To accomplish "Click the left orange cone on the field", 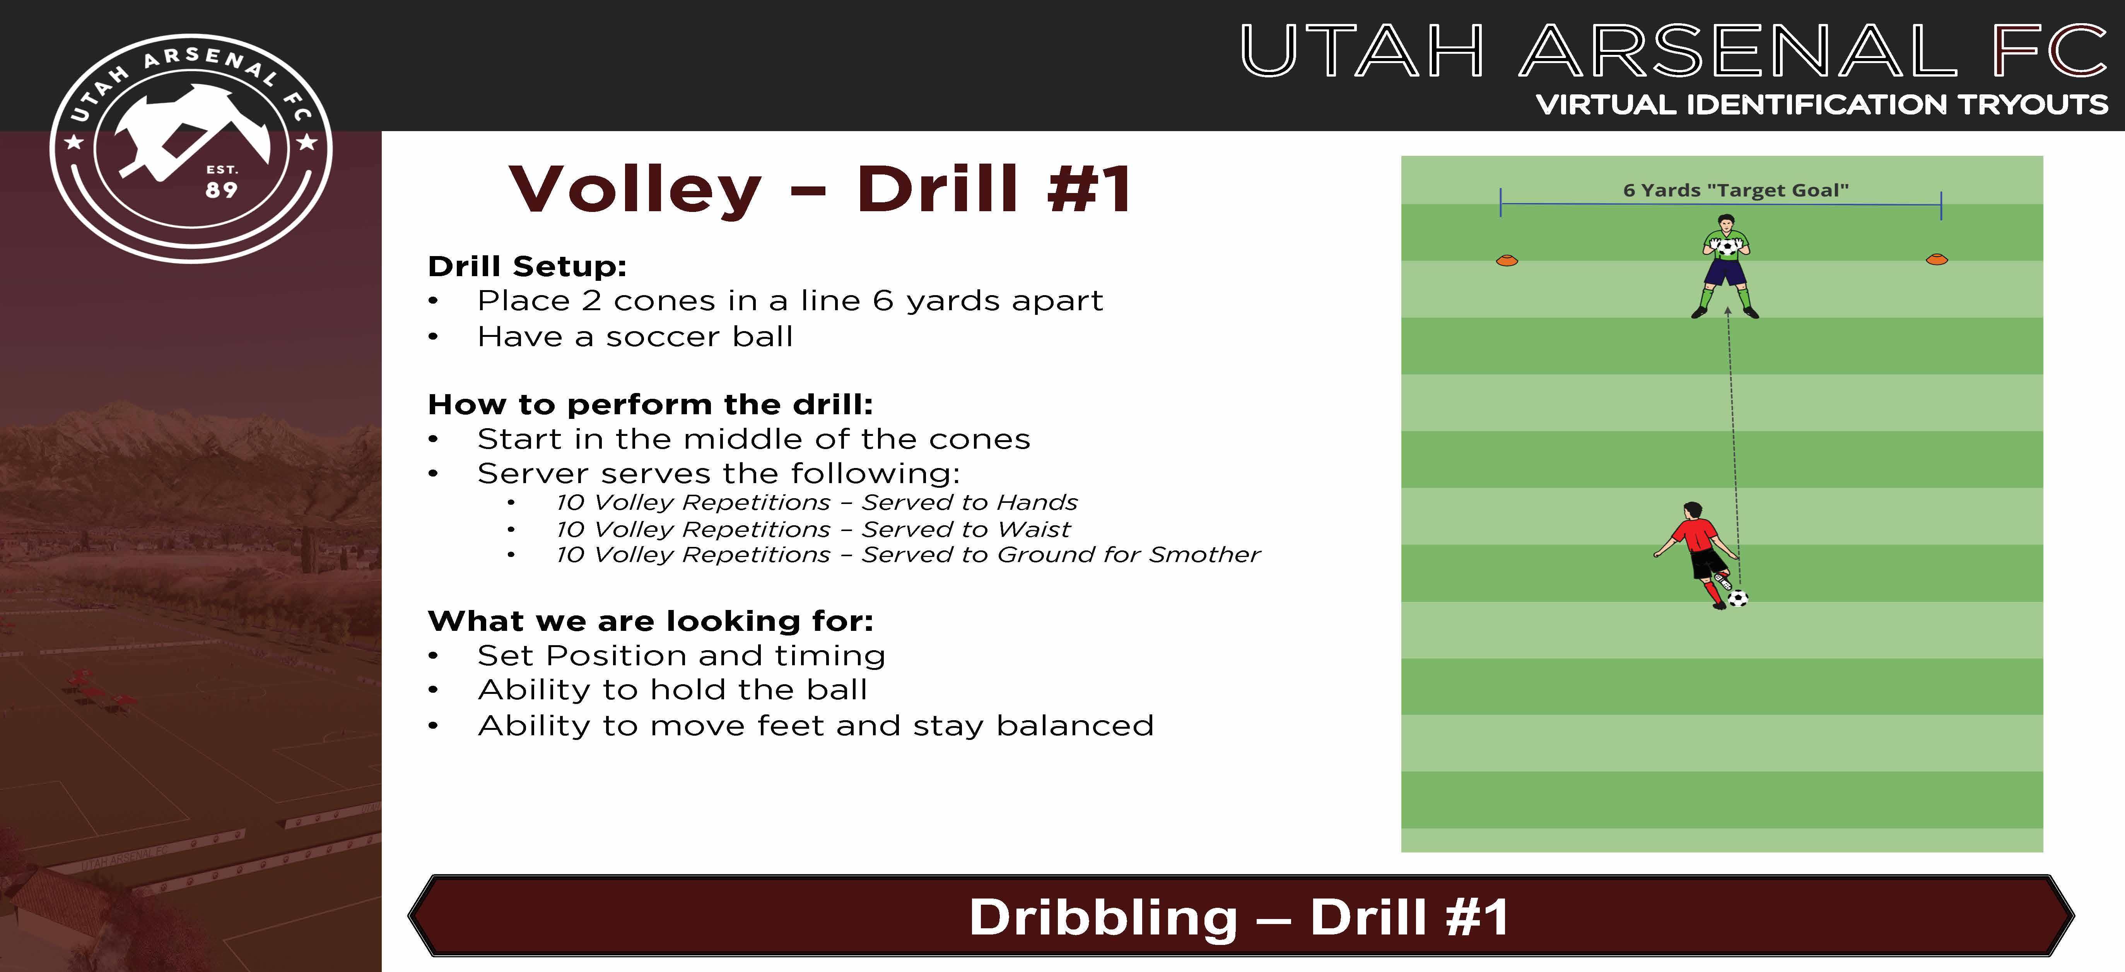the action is click(x=1507, y=261).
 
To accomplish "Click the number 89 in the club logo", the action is click(x=221, y=190).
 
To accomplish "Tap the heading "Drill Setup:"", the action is click(x=527, y=266).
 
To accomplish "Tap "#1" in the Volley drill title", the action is click(x=1089, y=189).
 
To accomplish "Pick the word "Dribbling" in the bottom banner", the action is click(x=1103, y=917).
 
